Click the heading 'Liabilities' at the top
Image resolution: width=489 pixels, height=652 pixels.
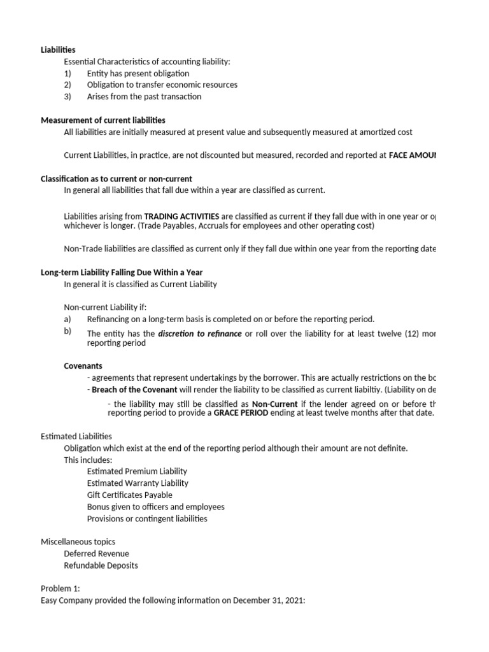pos(58,50)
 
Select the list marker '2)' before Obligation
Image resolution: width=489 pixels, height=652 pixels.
pos(68,85)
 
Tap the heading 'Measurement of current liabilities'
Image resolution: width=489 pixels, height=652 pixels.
pos(103,120)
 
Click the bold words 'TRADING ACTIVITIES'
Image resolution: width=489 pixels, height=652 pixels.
pos(182,216)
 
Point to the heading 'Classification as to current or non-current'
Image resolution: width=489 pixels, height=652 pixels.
pos(117,179)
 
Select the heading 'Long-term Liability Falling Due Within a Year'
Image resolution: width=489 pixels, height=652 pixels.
pos(122,273)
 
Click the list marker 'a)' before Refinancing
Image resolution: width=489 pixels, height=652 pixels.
pos(68,319)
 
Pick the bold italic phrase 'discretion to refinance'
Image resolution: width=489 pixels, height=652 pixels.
pos(200,334)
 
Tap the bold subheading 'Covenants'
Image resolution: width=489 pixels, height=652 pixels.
pos(83,366)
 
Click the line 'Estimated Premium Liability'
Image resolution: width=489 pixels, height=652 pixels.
pos(137,471)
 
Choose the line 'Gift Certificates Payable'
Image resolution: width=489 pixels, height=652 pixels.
pos(129,495)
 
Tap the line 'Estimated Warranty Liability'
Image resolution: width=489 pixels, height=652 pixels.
pos(138,483)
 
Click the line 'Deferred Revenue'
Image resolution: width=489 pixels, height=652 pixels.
pos(96,554)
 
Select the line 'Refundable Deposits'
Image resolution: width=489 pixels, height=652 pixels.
pos(101,565)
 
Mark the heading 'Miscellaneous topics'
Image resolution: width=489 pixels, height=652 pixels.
pos(78,542)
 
